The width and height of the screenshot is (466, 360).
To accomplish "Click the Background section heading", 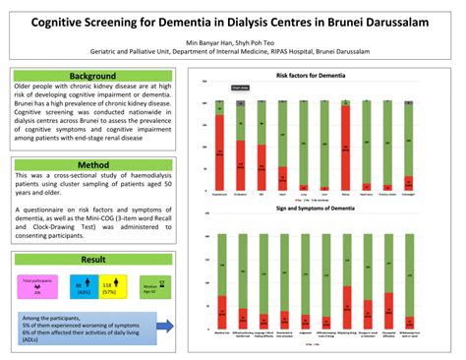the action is [x=93, y=76].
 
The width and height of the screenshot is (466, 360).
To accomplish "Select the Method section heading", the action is [x=93, y=165].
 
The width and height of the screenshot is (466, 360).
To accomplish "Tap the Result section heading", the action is [x=93, y=259].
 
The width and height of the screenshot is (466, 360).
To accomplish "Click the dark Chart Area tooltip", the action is [x=239, y=89].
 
